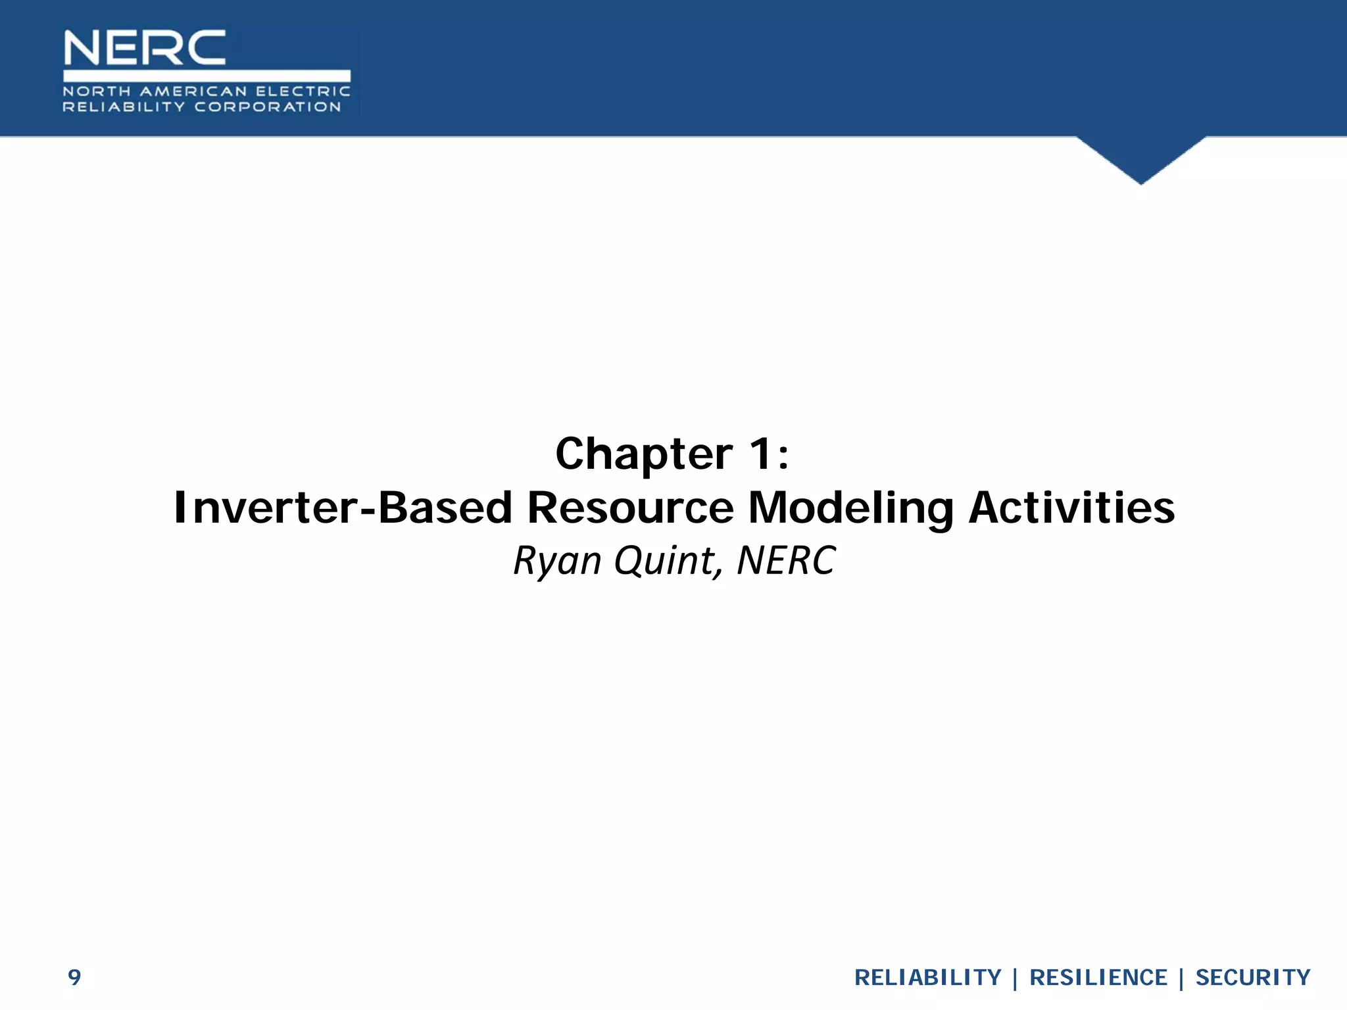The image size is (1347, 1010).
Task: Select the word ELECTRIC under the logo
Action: click(x=303, y=91)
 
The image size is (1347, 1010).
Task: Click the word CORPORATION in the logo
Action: click(x=268, y=107)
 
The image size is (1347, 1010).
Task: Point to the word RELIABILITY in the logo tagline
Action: click(x=124, y=107)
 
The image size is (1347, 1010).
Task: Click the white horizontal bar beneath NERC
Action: click(x=207, y=75)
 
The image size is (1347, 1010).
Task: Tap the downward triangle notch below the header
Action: click(x=1141, y=158)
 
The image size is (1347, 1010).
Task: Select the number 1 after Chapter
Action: click(x=762, y=454)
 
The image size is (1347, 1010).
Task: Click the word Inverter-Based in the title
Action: click(x=343, y=508)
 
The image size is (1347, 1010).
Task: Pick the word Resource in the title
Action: click(x=630, y=508)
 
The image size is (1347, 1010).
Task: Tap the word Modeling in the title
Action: click(x=850, y=508)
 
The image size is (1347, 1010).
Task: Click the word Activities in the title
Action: click(x=1072, y=508)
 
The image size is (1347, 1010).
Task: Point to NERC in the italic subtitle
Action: click(x=786, y=561)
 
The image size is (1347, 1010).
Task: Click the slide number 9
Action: click(x=74, y=977)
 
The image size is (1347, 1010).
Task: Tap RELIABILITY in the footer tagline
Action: click(x=927, y=978)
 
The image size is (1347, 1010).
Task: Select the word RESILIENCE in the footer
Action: click(x=1098, y=978)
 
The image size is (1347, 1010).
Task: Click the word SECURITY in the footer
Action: click(x=1252, y=978)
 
